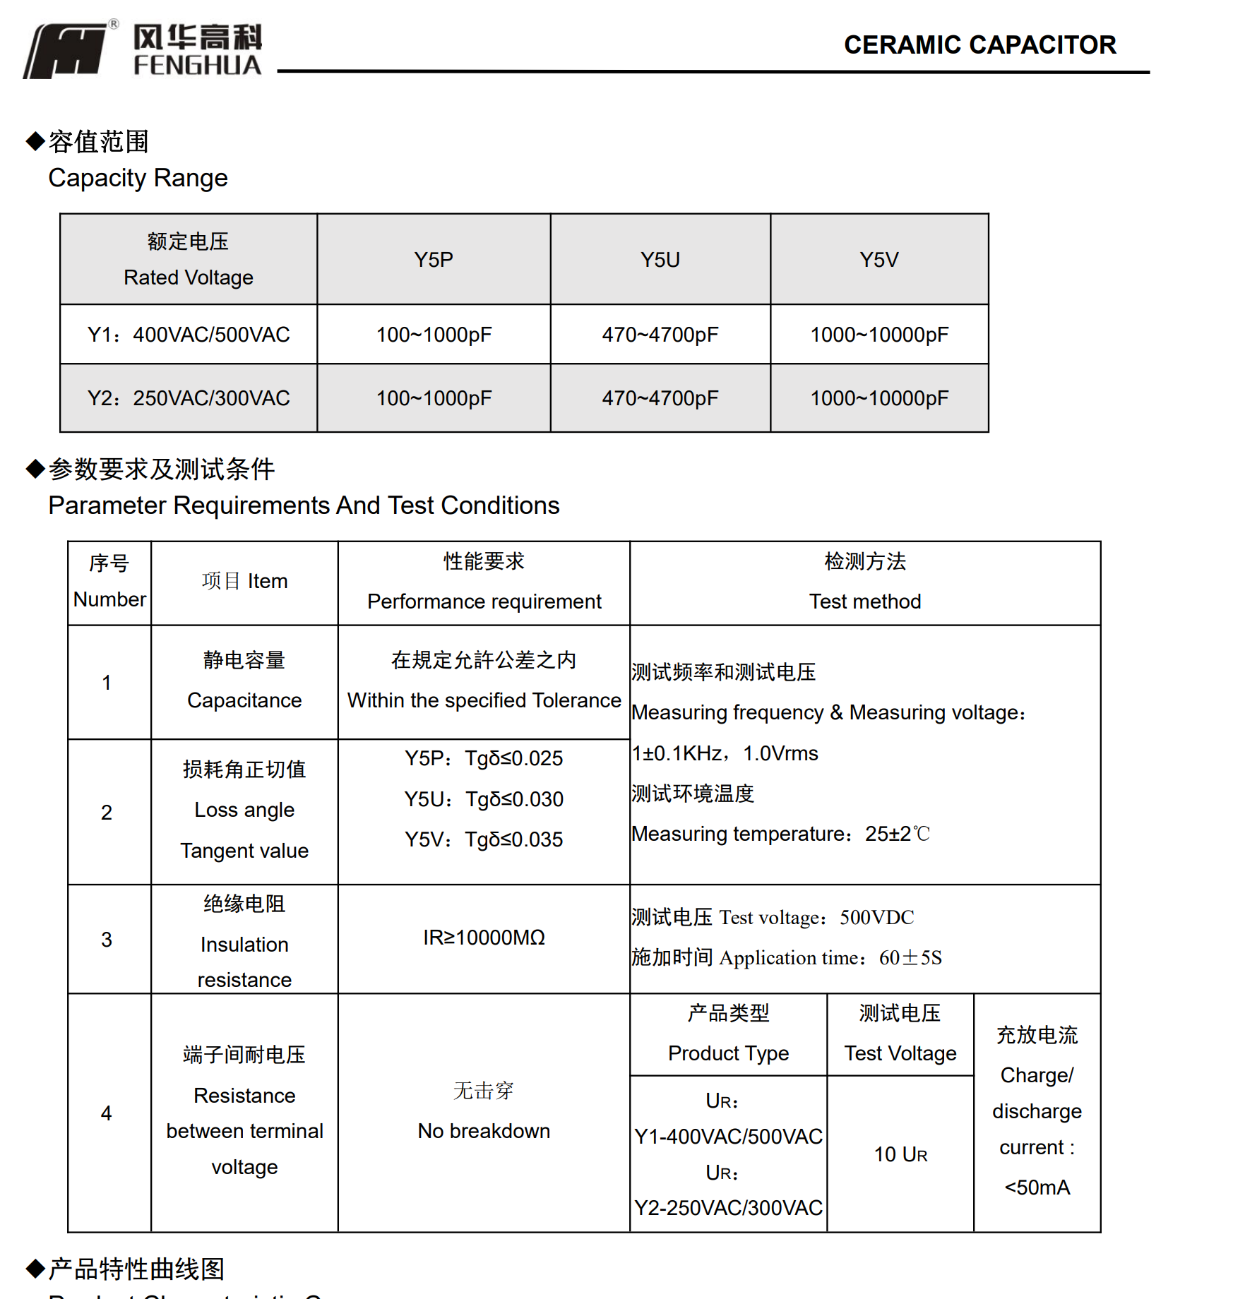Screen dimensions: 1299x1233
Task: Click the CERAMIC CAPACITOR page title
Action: pyautogui.click(x=979, y=45)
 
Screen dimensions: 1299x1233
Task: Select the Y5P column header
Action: pyautogui.click(x=434, y=260)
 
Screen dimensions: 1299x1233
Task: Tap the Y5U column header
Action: pyautogui.click(x=660, y=260)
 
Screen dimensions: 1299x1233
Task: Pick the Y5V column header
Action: pyautogui.click(x=878, y=260)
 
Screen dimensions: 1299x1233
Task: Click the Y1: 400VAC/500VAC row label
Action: pyautogui.click(x=189, y=335)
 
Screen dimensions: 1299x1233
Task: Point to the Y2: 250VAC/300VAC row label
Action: pyautogui.click(x=189, y=398)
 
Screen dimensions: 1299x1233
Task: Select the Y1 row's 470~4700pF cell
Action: pyautogui.click(x=660, y=335)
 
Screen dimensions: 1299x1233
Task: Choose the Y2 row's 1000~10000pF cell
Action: pyautogui.click(x=878, y=398)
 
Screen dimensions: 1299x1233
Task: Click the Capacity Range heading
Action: pyautogui.click(x=138, y=178)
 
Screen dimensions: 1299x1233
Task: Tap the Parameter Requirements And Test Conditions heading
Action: pyautogui.click(x=304, y=505)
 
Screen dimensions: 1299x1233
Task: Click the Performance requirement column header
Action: pyautogui.click(x=484, y=601)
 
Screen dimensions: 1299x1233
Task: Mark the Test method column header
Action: pyautogui.click(x=864, y=601)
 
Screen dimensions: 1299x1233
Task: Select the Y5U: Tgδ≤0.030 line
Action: pyautogui.click(x=484, y=799)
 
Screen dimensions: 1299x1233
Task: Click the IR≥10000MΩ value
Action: pyautogui.click(x=484, y=938)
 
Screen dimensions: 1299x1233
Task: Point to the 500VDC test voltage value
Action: pyautogui.click(x=876, y=917)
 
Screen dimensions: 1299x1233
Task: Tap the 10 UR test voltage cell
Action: pyautogui.click(x=900, y=1154)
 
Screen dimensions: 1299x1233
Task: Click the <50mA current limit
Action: pyautogui.click(x=1037, y=1187)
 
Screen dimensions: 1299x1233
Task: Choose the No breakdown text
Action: pyautogui.click(x=484, y=1131)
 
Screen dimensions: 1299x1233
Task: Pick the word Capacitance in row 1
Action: pyautogui.click(x=244, y=700)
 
